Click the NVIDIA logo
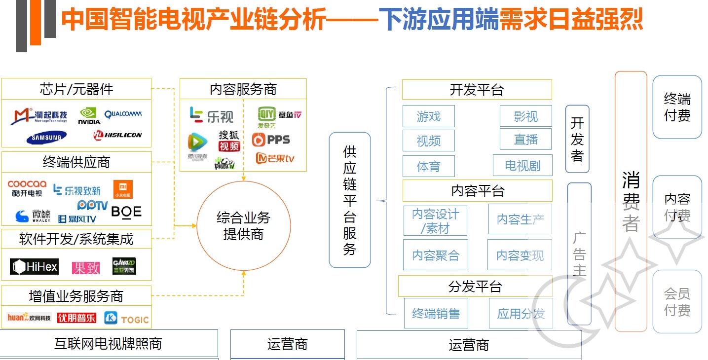pos(89,116)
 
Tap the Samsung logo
pos(46,138)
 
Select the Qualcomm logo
pos(123,114)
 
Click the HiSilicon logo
pos(117,135)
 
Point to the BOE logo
pos(126,212)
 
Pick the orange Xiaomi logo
pos(123,189)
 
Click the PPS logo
pos(271,140)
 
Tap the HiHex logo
pos(34,267)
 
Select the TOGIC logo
pos(126,319)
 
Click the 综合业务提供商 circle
pos(243,226)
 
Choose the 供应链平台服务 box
pos(350,200)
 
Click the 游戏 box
pos(428,116)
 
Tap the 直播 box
pos(525,140)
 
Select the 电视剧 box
pos(522,165)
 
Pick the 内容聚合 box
pos(435,255)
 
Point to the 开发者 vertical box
pos(577,139)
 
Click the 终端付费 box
pos(677,107)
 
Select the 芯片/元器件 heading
pos(76,89)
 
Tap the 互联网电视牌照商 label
pos(109,343)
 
